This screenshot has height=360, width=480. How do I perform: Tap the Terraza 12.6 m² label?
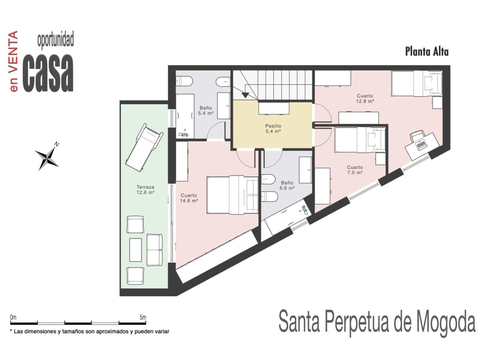click(x=145, y=189)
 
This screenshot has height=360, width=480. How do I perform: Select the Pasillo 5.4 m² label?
click(x=273, y=129)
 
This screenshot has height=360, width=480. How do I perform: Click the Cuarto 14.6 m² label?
click(x=189, y=198)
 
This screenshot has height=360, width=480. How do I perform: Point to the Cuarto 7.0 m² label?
click(x=355, y=169)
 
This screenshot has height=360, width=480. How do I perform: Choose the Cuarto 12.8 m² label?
click(x=365, y=98)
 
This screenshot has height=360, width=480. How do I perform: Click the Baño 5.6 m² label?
click(x=287, y=185)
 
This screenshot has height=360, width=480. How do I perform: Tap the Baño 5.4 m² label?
click(x=205, y=110)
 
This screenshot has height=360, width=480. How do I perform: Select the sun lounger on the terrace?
click(x=144, y=147)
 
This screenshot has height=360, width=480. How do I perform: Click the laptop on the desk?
click(x=421, y=145)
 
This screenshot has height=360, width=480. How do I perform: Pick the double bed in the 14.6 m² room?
click(x=232, y=195)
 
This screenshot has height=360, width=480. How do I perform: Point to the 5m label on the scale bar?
click(x=143, y=317)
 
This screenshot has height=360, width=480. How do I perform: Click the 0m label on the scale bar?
click(x=13, y=317)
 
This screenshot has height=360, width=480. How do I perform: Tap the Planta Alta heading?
click(x=427, y=52)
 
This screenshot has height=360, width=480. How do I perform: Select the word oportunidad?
click(x=55, y=40)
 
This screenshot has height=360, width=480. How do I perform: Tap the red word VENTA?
click(x=13, y=52)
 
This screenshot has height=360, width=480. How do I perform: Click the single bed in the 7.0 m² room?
click(x=360, y=140)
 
